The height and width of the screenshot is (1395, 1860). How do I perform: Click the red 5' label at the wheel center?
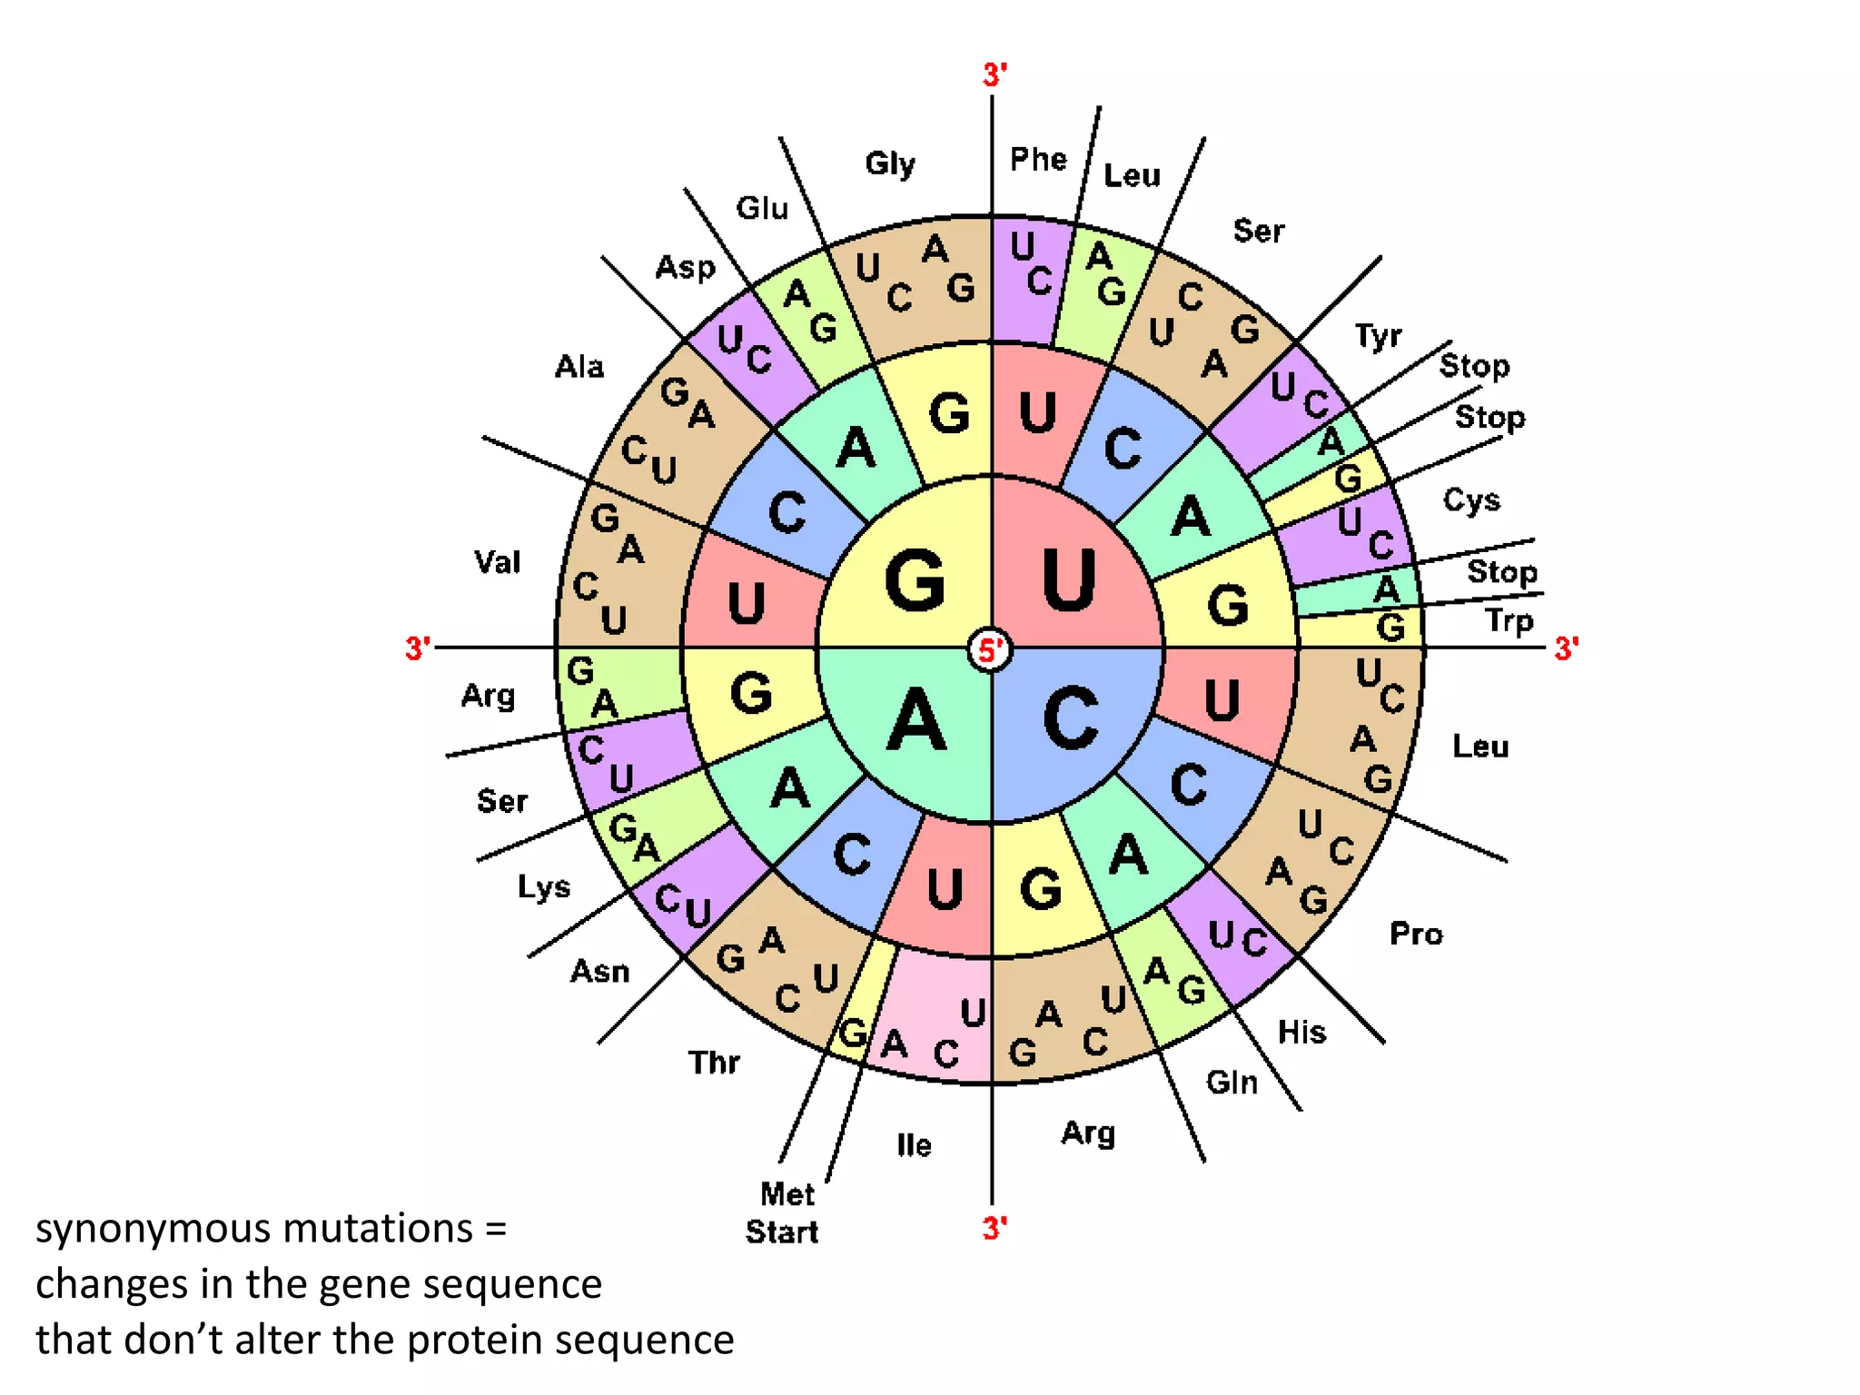click(991, 649)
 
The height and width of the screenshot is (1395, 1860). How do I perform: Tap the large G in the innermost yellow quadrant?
click(915, 581)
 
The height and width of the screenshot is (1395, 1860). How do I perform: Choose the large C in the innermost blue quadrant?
click(1072, 718)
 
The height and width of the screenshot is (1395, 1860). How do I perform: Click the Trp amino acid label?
click(1509, 621)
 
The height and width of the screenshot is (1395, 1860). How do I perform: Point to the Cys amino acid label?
click(1471, 500)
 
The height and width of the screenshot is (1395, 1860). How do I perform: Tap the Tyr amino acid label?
click(1379, 336)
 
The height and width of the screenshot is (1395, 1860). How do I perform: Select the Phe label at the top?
click(1038, 159)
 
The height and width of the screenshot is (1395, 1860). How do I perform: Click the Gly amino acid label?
click(890, 163)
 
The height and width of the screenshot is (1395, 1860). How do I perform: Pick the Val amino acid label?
click(498, 561)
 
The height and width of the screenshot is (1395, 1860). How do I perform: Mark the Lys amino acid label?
click(544, 886)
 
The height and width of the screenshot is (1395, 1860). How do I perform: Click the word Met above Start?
click(787, 1193)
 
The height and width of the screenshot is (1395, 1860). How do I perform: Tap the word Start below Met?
click(782, 1232)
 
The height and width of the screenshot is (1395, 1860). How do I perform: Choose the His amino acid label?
click(1301, 1032)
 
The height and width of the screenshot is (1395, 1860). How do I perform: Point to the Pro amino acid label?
click(1416, 934)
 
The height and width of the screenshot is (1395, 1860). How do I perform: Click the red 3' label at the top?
click(994, 74)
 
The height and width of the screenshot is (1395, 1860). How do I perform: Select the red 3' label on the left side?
click(418, 648)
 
